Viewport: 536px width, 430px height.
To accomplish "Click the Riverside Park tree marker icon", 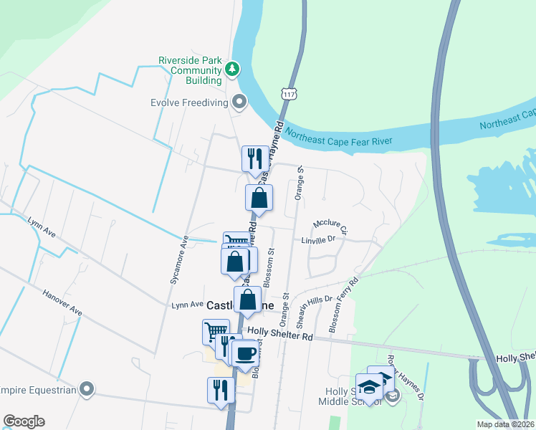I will (231, 70).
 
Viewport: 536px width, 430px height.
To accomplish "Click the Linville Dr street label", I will (318, 240).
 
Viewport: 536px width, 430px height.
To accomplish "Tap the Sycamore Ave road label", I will (178, 260).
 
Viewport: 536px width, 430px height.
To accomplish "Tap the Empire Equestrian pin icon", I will (87, 389).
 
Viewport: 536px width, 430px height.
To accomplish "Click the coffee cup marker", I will (246, 353).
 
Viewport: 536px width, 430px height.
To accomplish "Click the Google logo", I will (24, 421).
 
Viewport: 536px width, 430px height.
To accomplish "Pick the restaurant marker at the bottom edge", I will (221, 390).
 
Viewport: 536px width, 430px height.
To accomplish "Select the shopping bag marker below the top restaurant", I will (259, 197).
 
